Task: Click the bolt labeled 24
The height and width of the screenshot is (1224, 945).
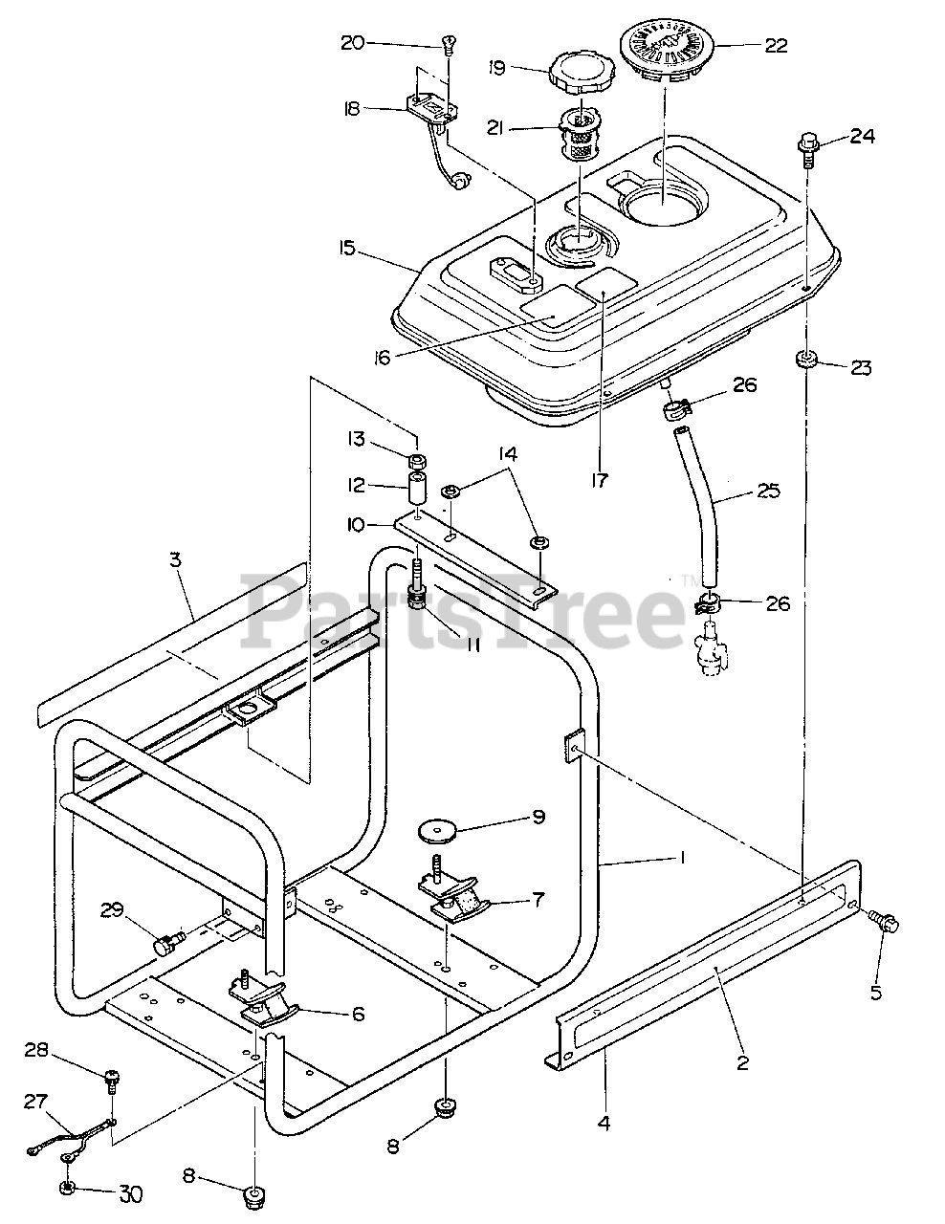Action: (x=807, y=145)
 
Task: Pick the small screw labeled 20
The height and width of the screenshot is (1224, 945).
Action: (x=448, y=42)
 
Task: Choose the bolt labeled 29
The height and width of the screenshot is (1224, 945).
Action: (x=168, y=944)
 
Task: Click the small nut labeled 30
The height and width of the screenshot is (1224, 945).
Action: (x=68, y=1189)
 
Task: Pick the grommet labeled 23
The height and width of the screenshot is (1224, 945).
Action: (x=806, y=360)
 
